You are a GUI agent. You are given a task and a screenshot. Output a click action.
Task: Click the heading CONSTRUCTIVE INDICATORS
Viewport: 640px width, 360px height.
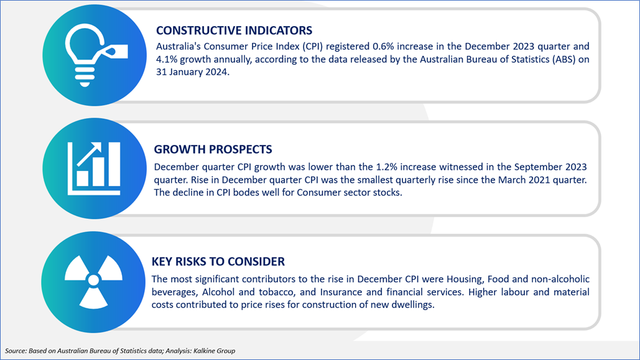click(234, 30)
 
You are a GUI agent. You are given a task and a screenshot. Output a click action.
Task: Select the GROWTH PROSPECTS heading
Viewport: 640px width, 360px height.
click(213, 149)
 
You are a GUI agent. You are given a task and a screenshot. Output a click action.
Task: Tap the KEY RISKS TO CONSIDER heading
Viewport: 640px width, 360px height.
click(218, 262)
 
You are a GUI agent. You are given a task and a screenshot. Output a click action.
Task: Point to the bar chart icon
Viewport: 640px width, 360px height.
click(94, 168)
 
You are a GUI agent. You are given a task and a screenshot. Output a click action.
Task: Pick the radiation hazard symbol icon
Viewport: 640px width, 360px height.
click(93, 282)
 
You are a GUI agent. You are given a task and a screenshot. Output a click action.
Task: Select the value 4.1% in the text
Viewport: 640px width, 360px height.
click(167, 60)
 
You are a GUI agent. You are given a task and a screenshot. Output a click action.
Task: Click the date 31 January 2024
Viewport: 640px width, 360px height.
click(192, 72)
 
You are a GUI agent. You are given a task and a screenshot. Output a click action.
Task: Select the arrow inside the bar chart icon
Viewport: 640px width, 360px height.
click(90, 154)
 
